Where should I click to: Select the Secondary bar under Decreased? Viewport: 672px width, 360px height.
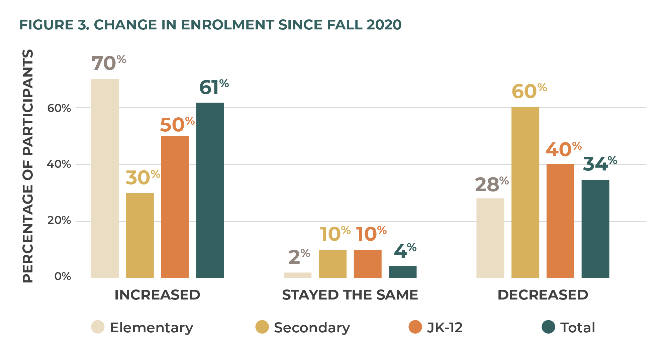point(525,192)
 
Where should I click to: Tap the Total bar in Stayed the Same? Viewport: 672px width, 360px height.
point(402,272)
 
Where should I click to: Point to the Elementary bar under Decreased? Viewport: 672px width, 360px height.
point(490,238)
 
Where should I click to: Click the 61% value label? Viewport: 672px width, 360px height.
point(214,88)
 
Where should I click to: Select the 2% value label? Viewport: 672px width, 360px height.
point(299,257)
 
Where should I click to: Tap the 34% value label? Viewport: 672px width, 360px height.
point(600,164)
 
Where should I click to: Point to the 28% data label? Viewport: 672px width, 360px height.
point(491,185)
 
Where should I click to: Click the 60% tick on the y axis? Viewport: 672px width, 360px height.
point(59,108)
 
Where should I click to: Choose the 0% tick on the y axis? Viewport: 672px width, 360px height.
point(63,276)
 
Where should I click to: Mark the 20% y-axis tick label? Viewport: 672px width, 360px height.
point(59,221)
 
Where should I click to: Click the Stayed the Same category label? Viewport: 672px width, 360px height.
point(350,295)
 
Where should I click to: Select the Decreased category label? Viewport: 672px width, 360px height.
point(543,295)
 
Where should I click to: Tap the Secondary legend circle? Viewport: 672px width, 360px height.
point(262,327)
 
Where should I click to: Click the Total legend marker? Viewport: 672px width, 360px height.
point(548,327)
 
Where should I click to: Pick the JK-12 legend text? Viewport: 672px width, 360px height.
point(445,328)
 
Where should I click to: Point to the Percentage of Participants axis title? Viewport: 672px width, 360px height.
point(28,166)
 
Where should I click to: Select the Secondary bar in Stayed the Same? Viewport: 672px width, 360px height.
point(332,264)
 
